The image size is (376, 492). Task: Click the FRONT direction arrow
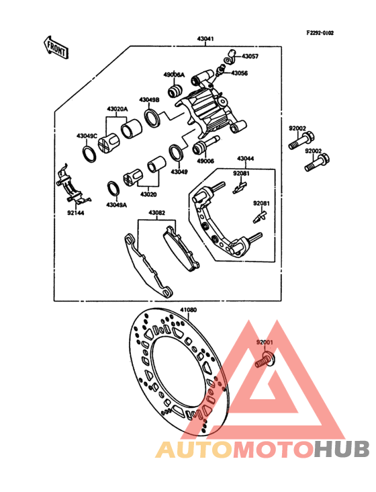pos(56,46)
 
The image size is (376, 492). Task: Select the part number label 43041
pos(205,39)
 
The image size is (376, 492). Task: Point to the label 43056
pos(240,73)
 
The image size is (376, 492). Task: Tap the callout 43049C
pos(87,136)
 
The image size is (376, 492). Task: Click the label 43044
pos(245,159)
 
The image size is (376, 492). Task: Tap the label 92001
pos(265,343)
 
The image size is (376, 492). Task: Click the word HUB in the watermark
pos(342,449)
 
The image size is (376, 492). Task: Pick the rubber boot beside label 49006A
pos(177,90)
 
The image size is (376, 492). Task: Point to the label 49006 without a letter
pos(205,161)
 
